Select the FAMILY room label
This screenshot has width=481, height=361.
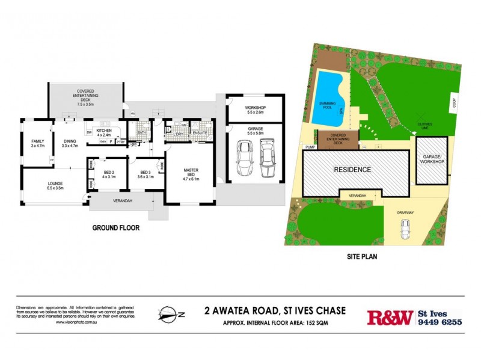pos(37,143)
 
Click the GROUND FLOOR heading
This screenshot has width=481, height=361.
pos(116,228)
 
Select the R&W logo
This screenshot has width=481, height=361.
pos(390,317)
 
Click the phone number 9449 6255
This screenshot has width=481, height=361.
pos(440,322)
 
